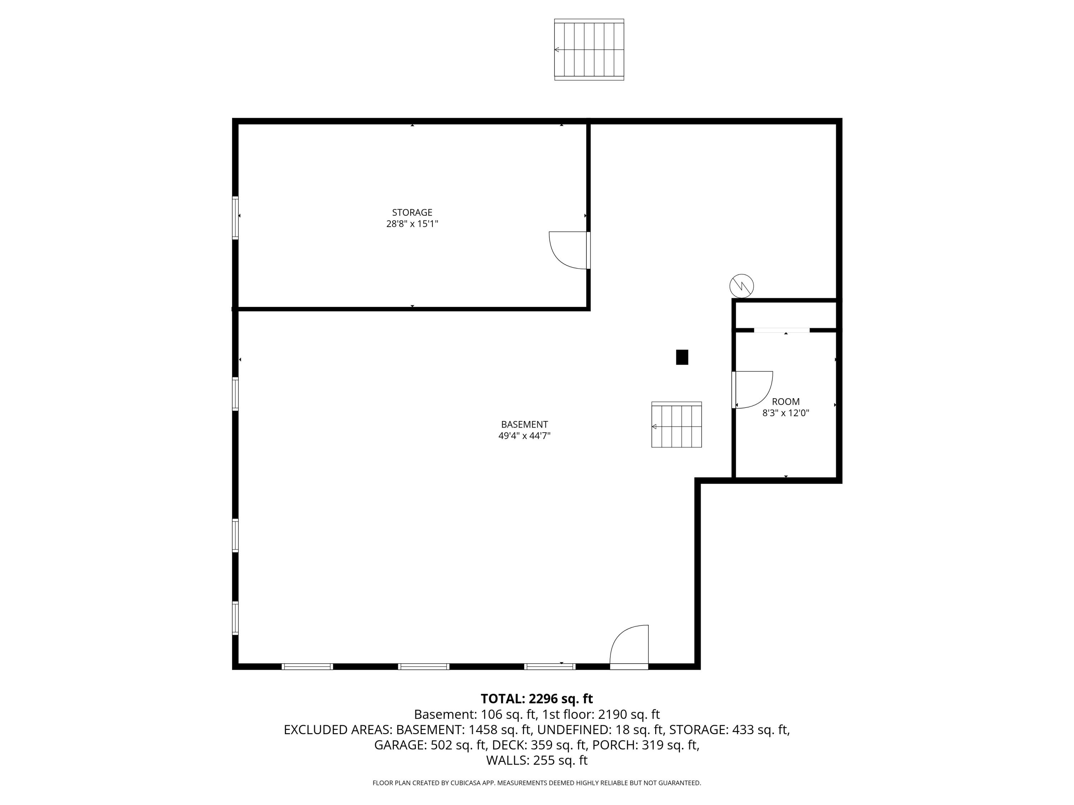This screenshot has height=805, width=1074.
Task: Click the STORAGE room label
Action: tap(412, 213)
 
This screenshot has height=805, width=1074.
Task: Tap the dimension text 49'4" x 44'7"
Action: tap(524, 436)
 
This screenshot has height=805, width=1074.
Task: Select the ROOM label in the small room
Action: tap(785, 402)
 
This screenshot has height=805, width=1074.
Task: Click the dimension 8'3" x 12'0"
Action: tap(785, 414)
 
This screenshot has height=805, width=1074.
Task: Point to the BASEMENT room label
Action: tap(524, 424)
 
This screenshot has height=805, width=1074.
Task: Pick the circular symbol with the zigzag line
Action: tap(741, 286)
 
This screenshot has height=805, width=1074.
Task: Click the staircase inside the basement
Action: tap(676, 425)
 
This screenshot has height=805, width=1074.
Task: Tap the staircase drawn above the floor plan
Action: tap(589, 49)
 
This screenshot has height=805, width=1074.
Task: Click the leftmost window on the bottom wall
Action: tap(307, 666)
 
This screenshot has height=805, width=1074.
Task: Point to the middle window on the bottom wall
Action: tap(424, 666)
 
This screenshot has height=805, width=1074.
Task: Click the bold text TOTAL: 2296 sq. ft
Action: tap(537, 699)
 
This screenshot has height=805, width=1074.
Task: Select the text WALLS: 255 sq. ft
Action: tap(537, 760)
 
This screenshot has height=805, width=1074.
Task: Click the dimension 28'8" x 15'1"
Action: tap(412, 224)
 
